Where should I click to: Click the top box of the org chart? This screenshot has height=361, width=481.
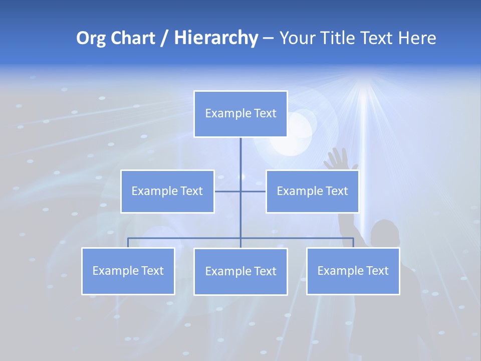tap(241, 114)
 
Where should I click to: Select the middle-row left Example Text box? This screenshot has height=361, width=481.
tap(167, 191)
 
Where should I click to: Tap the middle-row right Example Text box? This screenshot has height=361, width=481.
tap(312, 191)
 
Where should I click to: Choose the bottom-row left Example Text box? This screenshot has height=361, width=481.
tap(128, 271)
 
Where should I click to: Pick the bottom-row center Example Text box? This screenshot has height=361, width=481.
tap(241, 271)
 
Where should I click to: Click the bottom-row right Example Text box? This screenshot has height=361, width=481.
tap(353, 271)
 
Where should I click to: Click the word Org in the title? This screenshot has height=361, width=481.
tap(91, 38)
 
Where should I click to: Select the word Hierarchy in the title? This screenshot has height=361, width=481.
tap(216, 38)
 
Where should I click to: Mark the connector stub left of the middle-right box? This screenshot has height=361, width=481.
tap(254, 191)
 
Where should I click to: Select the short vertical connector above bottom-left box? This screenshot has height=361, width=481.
tap(128, 243)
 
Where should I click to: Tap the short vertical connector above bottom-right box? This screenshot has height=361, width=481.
tap(353, 243)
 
